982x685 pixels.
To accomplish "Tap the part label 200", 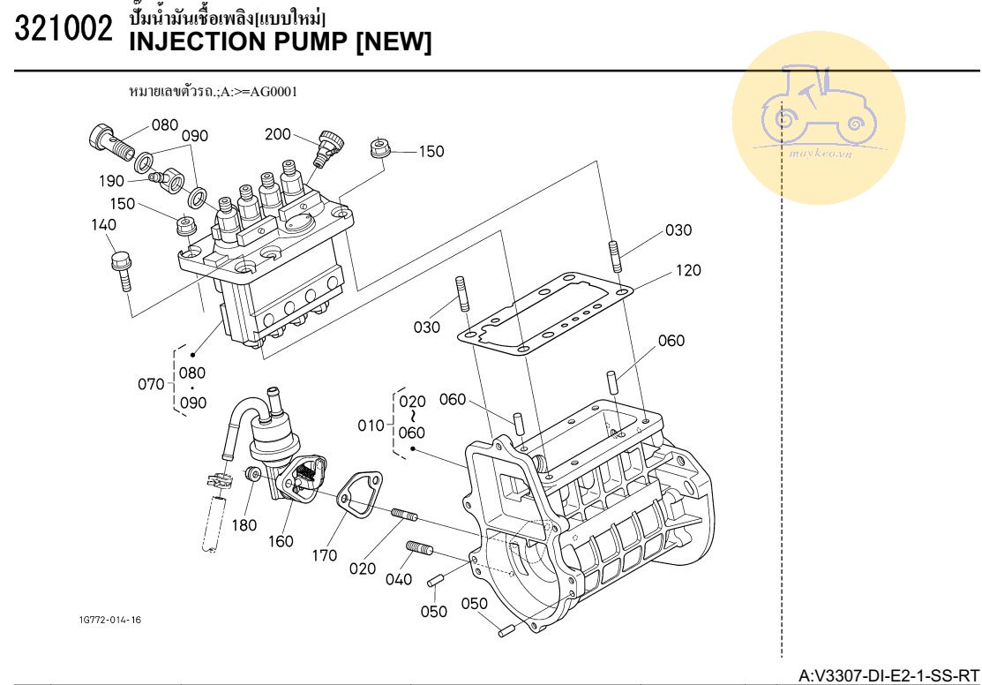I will pos(277,134).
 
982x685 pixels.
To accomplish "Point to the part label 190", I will pos(111,181).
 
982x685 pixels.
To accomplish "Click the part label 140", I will pos(104,225).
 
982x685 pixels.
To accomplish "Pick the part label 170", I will pos(325,556).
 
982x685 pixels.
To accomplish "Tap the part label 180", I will pos(244,525).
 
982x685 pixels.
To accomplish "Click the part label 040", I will pos(399,579).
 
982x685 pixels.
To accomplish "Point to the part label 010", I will pos(371,425).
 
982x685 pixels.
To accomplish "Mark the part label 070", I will pos(151,384).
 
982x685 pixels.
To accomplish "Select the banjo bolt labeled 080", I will pos(107,138).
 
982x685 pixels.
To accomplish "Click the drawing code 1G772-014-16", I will pos(109,620).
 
